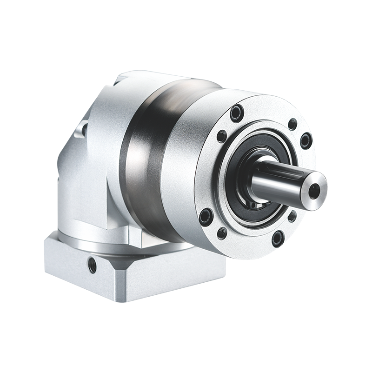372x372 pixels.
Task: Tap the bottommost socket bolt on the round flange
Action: click(x=278, y=238)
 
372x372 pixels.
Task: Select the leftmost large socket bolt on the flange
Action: click(x=205, y=215)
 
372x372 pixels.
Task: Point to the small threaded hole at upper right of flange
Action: click(x=292, y=124)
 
